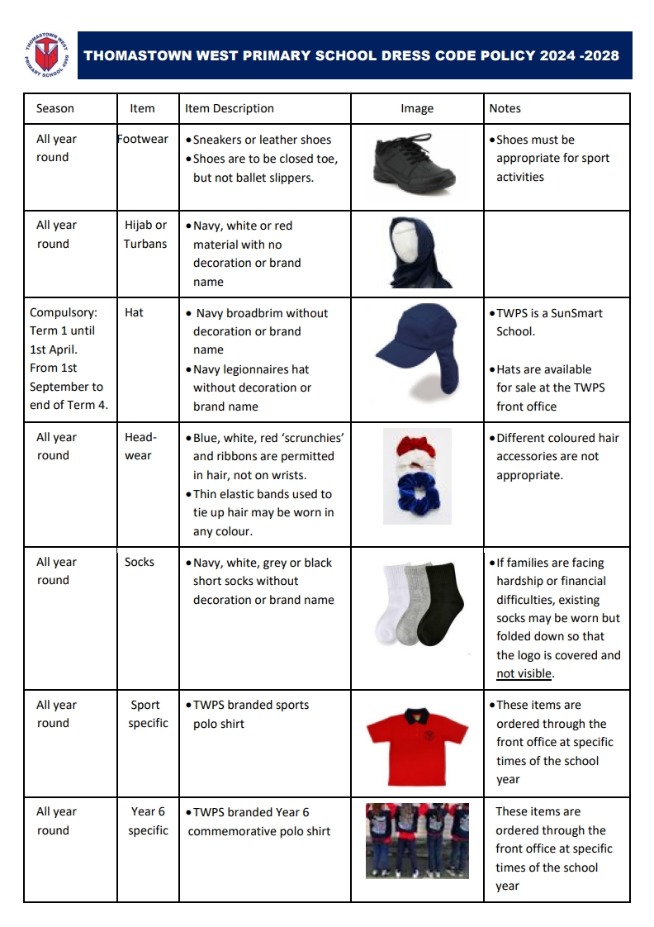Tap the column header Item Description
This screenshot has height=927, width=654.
(x=229, y=108)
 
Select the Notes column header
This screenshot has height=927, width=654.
(x=505, y=108)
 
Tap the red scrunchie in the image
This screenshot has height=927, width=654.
(x=411, y=447)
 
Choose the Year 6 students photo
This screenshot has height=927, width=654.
(x=417, y=840)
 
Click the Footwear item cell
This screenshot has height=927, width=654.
(x=143, y=140)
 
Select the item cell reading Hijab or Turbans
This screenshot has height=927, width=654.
(x=145, y=235)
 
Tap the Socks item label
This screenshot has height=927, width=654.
(x=140, y=562)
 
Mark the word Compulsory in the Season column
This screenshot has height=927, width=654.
(x=64, y=313)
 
